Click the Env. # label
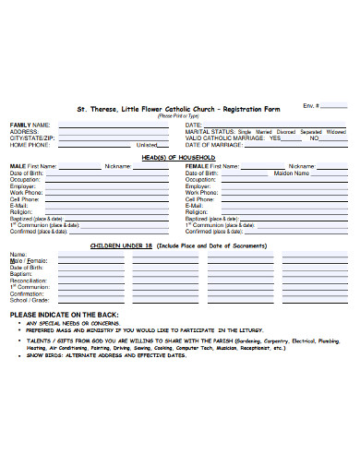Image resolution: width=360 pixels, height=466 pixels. (311, 106)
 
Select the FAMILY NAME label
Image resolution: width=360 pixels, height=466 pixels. (30, 125)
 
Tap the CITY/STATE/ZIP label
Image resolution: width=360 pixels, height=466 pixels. (32, 137)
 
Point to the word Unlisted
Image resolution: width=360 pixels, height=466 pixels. (147, 145)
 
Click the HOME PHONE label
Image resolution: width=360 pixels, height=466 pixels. (30, 145)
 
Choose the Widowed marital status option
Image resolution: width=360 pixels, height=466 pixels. (336, 132)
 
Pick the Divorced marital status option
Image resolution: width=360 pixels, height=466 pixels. (287, 132)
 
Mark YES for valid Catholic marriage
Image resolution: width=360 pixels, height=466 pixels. (273, 138)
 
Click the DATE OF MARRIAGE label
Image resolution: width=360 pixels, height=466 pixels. (213, 145)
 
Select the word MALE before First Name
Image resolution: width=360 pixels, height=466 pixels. (18, 166)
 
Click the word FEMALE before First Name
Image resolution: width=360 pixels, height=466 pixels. (197, 166)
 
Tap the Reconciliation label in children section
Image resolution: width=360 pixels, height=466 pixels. (28, 281)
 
